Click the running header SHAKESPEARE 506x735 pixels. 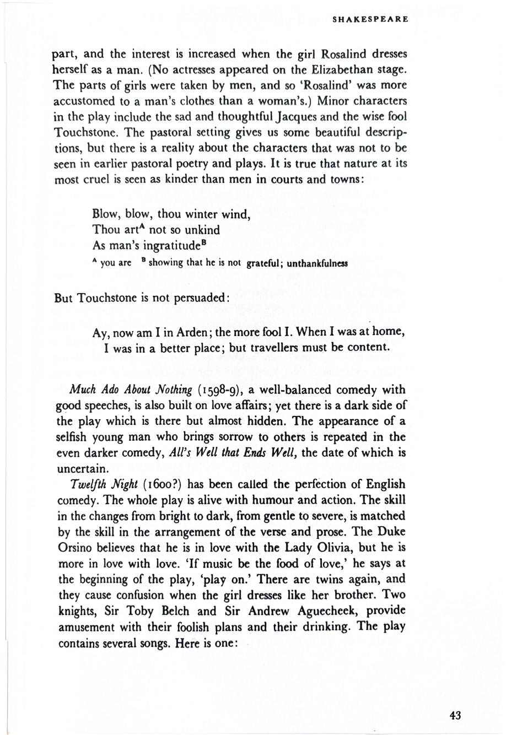tap(370, 19)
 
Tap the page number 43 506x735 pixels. tap(455, 715)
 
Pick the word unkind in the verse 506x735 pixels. tap(197, 230)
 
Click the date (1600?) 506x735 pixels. tap(162, 484)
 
